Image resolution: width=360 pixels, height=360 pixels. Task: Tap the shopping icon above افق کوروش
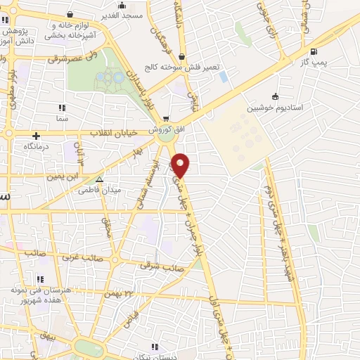coord(165,119)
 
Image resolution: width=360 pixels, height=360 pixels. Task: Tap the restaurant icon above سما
coord(61,108)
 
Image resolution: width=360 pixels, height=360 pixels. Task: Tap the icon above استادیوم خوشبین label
coord(275,97)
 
